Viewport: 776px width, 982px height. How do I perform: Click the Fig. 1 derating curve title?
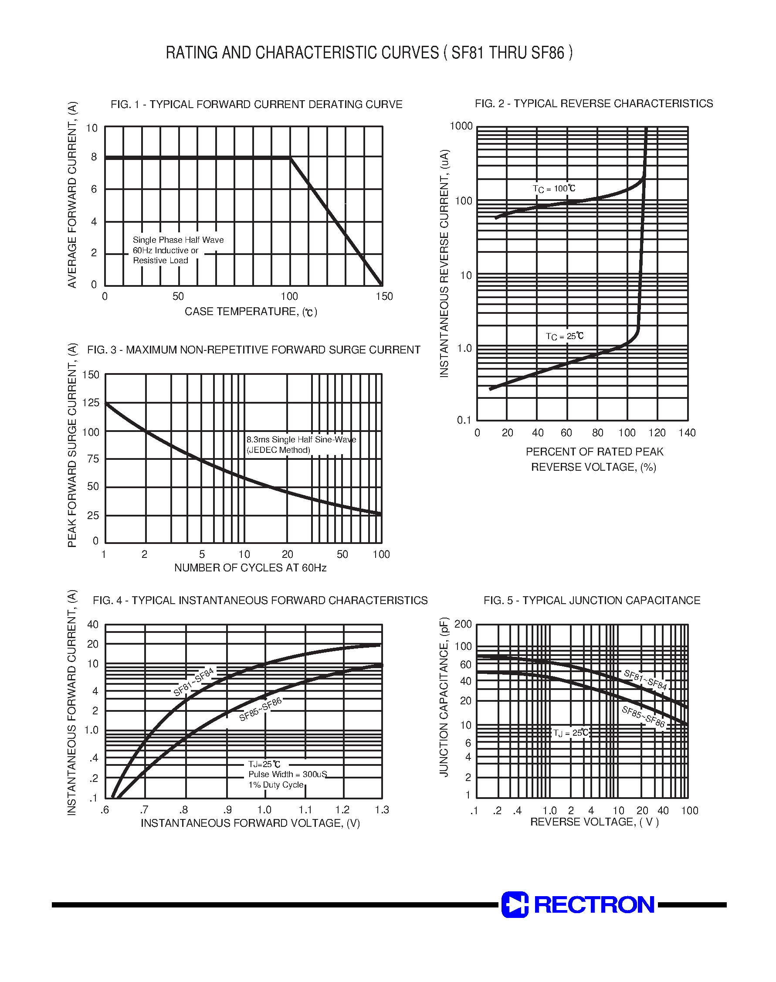256,105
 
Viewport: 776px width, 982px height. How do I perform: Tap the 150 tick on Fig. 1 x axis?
384,297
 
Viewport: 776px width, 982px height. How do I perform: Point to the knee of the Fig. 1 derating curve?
290,158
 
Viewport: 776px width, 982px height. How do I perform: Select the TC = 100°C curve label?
554,189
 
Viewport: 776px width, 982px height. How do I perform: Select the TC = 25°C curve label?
564,336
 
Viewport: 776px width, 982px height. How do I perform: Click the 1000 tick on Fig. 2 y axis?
461,126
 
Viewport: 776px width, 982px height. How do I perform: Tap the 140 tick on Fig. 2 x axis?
687,433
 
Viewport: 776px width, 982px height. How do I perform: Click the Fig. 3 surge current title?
254,350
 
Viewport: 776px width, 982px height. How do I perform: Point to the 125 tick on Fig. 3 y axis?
91,403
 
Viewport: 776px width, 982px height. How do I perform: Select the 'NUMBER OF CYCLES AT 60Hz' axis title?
251,568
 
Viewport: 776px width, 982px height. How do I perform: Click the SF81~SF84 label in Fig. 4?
193,682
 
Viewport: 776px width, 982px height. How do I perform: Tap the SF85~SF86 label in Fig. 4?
260,709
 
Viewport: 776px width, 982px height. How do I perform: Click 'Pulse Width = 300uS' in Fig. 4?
287,774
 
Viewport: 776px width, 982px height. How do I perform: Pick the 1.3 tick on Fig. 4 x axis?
382,810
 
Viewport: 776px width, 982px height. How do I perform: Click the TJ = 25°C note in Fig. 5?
571,733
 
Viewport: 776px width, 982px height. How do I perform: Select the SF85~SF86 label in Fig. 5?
643,717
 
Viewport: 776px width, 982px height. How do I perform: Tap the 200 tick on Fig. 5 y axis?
463,624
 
